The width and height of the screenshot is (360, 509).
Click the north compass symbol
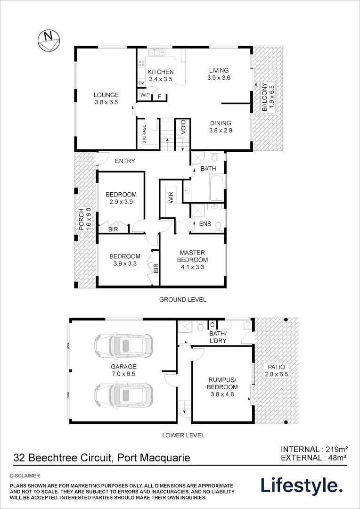(x=48, y=40)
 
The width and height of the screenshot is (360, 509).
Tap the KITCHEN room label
(x=161, y=72)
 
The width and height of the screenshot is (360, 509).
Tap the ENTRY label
(x=125, y=161)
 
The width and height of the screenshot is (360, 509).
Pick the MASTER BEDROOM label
(x=192, y=256)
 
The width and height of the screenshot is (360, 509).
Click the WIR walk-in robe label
(x=171, y=198)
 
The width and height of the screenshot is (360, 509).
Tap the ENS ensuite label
(x=205, y=224)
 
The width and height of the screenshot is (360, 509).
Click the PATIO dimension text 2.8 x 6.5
(x=276, y=374)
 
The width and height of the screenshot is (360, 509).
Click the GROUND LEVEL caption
(x=182, y=299)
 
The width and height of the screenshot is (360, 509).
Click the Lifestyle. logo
(x=302, y=485)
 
